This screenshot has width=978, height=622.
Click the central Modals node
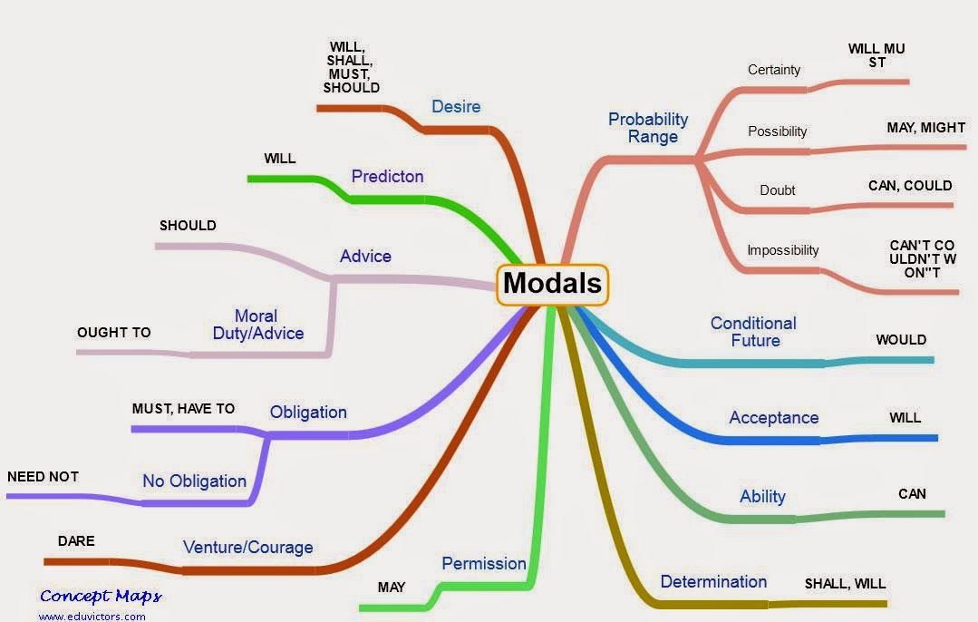552,283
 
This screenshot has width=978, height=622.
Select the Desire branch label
456,107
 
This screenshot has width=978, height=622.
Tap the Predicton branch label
387,176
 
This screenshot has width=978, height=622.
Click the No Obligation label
194,481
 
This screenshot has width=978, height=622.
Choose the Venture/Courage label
247,547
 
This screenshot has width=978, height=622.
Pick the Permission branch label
484,563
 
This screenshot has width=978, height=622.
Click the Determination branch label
713,581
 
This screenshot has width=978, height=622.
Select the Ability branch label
762,496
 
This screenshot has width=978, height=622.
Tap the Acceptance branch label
773,417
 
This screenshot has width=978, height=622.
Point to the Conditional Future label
753,332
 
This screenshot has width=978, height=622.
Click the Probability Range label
648,128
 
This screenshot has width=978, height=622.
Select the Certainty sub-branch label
774,70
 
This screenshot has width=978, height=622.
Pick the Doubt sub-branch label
777,190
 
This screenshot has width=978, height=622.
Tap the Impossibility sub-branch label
782,250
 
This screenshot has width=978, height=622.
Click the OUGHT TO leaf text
114,333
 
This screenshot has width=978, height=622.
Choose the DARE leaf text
76,541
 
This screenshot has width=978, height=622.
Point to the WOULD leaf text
901,340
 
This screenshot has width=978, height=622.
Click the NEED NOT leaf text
43,476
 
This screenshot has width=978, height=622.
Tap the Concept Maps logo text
101,596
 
